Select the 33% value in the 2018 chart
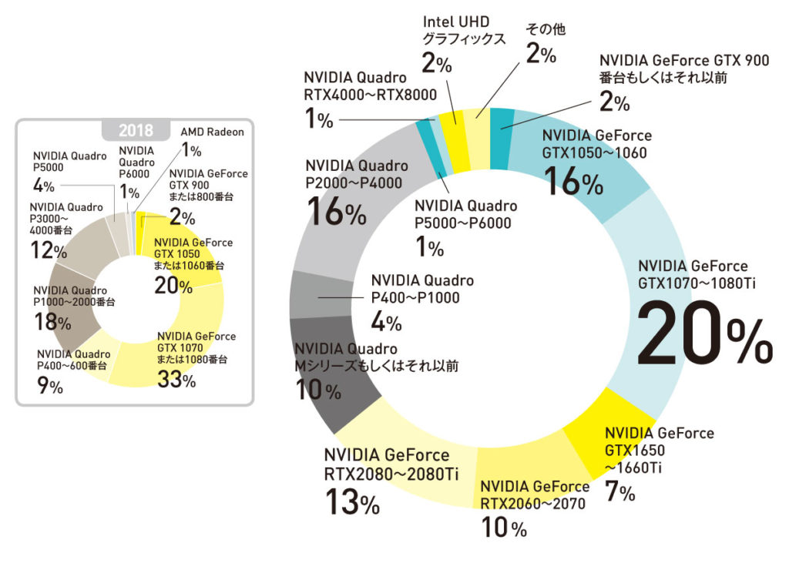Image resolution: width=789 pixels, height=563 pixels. pos(176,379)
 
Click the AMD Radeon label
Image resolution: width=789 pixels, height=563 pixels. pos(212,132)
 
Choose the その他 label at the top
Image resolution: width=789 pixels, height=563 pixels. pos(546,29)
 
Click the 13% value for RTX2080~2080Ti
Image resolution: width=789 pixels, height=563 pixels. pos(351,503)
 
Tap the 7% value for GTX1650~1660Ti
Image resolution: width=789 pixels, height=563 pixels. pos(619,491)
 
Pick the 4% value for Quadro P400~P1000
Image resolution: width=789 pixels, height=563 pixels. pos(385,321)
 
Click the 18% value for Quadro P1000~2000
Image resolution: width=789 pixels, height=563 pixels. pos(47,322)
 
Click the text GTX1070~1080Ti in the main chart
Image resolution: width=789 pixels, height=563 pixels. pos(697,283)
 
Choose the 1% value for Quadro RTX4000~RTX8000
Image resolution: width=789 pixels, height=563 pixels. pos(318,119)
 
